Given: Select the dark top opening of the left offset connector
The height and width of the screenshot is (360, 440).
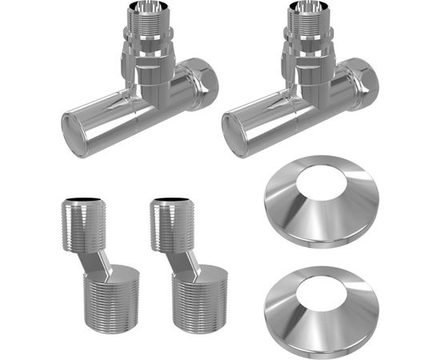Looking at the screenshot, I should click(x=79, y=200).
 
